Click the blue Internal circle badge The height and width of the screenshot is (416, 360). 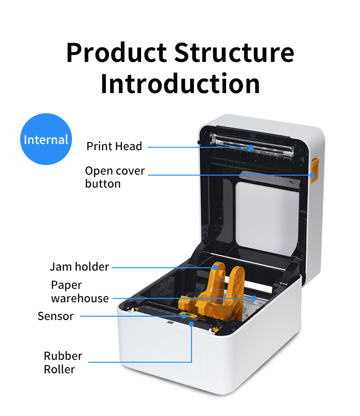pyautogui.click(x=46, y=140)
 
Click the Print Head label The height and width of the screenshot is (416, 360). pyautogui.click(x=114, y=146)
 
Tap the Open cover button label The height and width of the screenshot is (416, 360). pyautogui.click(x=115, y=177)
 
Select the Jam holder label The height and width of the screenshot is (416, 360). pyautogui.click(x=79, y=267)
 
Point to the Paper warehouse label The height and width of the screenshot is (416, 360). pyautogui.click(x=80, y=292)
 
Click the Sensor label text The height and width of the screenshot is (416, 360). pyautogui.click(x=56, y=316)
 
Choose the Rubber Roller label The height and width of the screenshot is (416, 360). pyautogui.click(x=62, y=362)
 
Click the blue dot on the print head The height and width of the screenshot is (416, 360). pyautogui.click(x=251, y=147)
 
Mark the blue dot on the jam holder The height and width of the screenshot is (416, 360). pyautogui.click(x=216, y=267)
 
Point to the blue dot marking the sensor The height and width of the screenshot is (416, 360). pyautogui.click(x=183, y=316)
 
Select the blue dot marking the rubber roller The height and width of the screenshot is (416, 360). pyautogui.click(x=192, y=324)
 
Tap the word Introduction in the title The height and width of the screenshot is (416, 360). pyautogui.click(x=180, y=83)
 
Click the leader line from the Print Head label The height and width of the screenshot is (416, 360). pyautogui.click(x=197, y=147)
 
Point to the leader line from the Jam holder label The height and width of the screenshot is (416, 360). pyautogui.click(x=163, y=267)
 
